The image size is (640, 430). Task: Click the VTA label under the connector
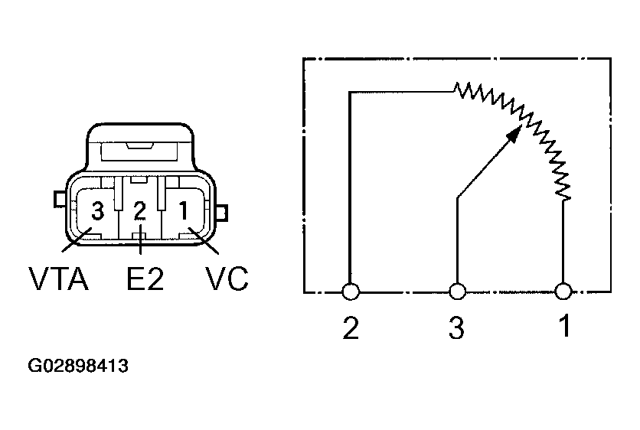point(58,279)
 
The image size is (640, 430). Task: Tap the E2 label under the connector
point(145,279)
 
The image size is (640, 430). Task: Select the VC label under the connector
point(227,279)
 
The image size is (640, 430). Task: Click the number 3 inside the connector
point(97,210)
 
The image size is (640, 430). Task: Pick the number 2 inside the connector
point(139,210)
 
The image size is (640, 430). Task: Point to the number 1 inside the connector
point(184,210)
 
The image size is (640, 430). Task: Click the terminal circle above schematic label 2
point(351,292)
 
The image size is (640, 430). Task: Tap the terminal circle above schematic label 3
point(457,292)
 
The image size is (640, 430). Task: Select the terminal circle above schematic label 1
point(563,292)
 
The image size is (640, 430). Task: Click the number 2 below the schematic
point(351,327)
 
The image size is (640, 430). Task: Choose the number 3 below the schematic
point(456,327)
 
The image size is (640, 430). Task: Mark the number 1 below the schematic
point(563,327)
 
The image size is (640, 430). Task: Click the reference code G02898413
point(78,366)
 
